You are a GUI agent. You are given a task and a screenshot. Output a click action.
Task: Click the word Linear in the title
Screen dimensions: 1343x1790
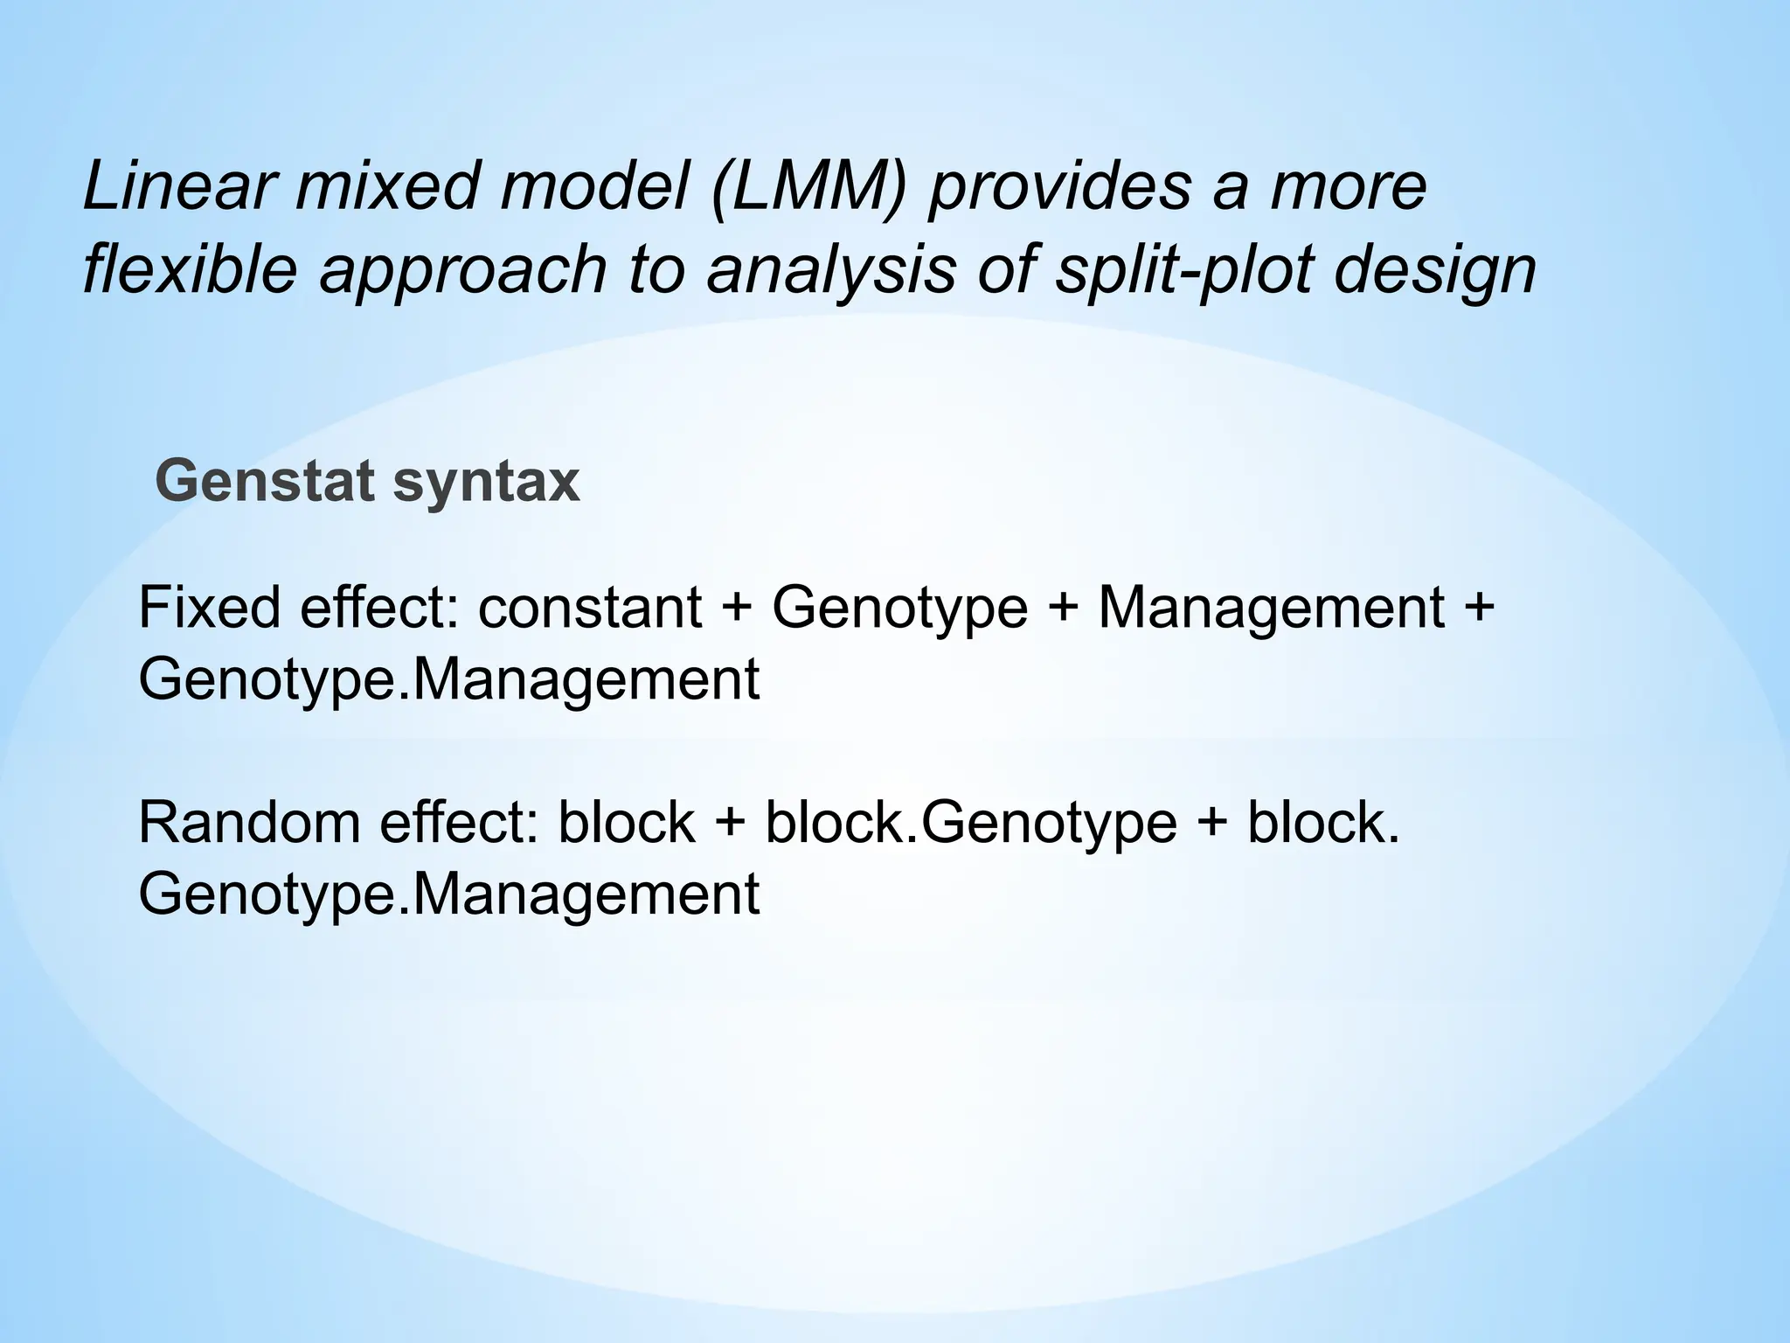tap(178, 187)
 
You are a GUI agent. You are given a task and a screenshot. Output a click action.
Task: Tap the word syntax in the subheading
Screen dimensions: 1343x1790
tap(486, 484)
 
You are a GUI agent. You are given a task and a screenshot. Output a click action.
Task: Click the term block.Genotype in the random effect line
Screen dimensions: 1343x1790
tap(971, 823)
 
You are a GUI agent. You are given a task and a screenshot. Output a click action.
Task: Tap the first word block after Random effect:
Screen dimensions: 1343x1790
tap(626, 823)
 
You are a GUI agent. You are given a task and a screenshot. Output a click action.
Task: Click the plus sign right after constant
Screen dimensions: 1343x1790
tap(737, 609)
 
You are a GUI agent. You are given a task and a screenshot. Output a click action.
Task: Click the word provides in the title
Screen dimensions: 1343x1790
tap(1058, 187)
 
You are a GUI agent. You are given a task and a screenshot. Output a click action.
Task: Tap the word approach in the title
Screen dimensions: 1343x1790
tap(462, 271)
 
